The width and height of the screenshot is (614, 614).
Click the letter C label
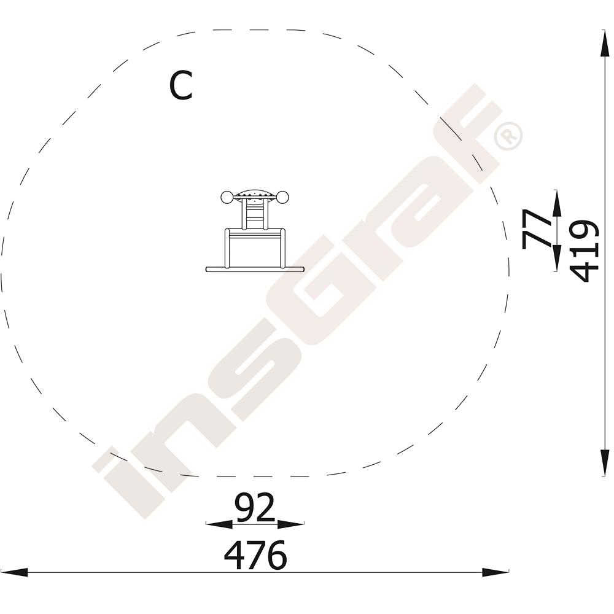pos(181,85)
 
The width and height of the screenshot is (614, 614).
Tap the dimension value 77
pos(535,229)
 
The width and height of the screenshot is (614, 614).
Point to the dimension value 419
pos(584,251)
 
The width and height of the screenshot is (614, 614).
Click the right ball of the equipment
pos(282,197)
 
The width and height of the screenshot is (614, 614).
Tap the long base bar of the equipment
pos(255,269)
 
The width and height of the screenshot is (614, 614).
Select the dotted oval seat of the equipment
pos(255,194)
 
